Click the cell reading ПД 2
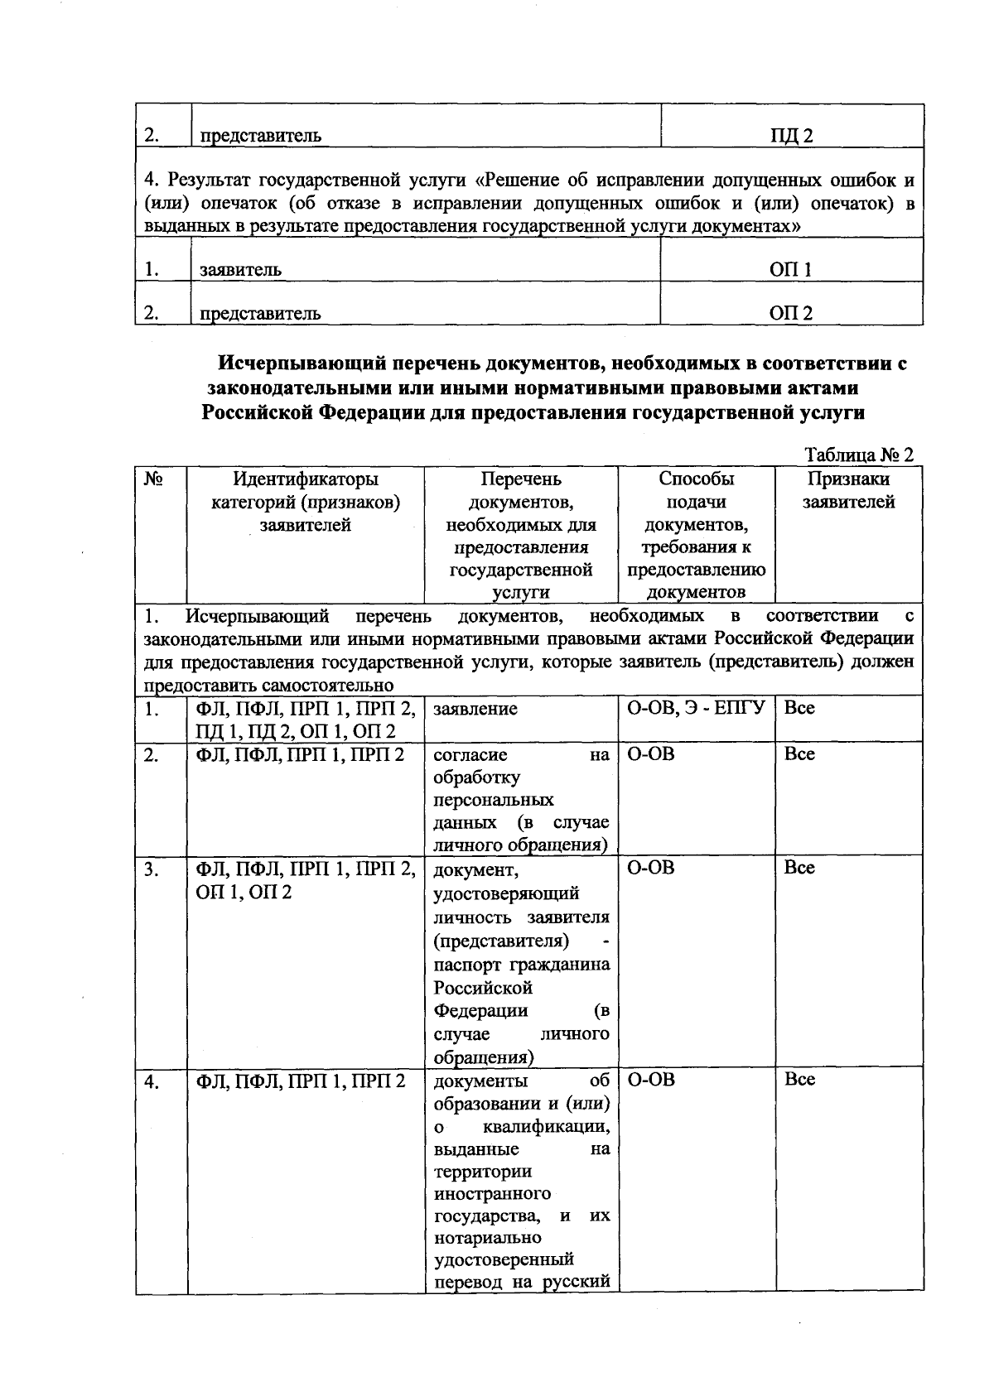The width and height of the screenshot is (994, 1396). [x=791, y=136]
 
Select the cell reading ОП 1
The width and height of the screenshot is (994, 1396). [x=791, y=269]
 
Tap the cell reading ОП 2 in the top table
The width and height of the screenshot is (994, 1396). [x=791, y=313]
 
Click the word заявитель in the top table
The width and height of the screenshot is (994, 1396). [x=240, y=270]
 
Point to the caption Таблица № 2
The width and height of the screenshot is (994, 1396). [x=859, y=455]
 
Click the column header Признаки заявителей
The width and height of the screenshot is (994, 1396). [x=848, y=490]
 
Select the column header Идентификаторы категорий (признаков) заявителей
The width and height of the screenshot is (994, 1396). [x=305, y=502]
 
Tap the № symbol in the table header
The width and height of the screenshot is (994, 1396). [x=152, y=479]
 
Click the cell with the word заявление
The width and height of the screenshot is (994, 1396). [x=475, y=709]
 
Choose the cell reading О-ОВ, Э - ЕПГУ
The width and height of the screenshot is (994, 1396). [x=694, y=709]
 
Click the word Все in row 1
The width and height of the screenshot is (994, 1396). [x=799, y=709]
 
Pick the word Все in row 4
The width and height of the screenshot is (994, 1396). [x=799, y=1080]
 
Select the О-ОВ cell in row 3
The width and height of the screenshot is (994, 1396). [x=650, y=868]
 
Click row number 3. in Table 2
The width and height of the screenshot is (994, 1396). [x=151, y=868]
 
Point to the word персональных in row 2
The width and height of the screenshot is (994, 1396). [x=494, y=801]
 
